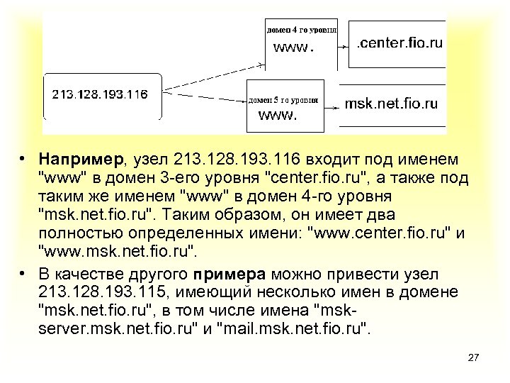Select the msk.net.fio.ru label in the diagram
(391, 104)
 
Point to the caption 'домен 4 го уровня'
(301, 30)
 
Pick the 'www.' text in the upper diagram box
(293, 48)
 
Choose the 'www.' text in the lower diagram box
(277, 115)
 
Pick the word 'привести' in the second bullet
(370, 274)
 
